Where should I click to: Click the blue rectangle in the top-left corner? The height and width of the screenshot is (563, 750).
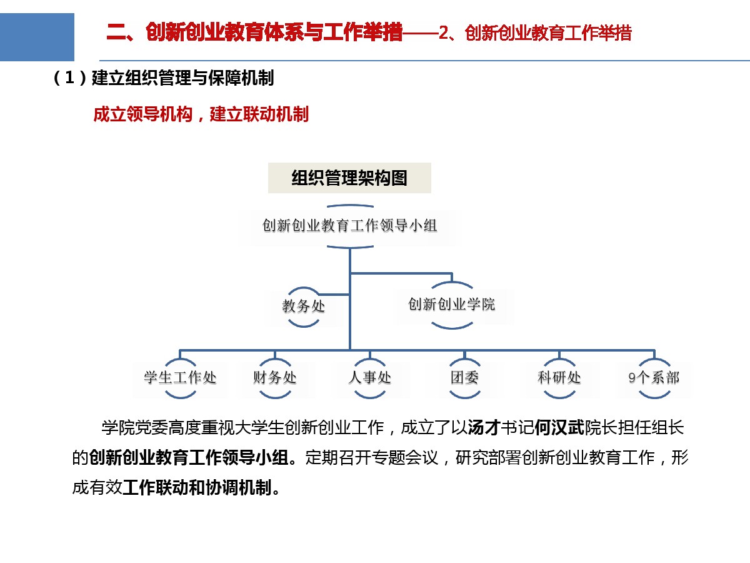point(37,37)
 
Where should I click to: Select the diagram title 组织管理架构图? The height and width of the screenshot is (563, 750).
point(349,178)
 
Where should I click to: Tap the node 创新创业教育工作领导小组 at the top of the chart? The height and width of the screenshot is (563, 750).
point(349,226)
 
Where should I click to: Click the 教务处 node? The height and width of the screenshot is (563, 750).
point(303,307)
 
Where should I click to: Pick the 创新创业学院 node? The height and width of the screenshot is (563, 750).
point(452,304)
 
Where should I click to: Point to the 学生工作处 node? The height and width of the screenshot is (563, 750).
point(180,378)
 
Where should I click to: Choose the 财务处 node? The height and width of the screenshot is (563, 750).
point(275,378)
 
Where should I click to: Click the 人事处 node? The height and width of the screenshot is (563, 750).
point(370,378)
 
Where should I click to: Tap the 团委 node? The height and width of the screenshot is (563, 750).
point(464,378)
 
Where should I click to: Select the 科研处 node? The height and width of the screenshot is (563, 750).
point(559,378)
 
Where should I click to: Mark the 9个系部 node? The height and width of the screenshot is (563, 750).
point(654,378)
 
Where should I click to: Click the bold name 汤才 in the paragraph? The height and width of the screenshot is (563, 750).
point(484,428)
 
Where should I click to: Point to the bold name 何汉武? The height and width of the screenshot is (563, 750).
point(559,428)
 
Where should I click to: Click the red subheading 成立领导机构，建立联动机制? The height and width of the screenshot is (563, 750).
point(201,114)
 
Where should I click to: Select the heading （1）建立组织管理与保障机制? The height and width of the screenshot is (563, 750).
point(163,78)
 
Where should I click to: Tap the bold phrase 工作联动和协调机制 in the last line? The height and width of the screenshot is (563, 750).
point(197,488)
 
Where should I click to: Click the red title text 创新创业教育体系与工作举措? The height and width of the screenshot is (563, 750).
point(274,33)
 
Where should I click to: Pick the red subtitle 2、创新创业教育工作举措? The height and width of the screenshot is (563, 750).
point(535,33)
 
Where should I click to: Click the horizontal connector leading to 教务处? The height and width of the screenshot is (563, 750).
point(333,294)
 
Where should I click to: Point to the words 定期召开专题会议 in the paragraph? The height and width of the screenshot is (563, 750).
point(372,458)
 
